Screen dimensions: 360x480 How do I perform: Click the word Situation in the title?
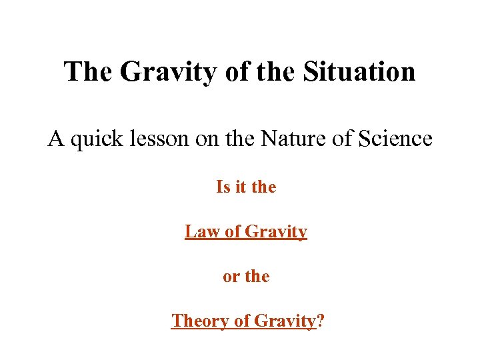(x=359, y=71)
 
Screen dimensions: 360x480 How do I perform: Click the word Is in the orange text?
(x=223, y=187)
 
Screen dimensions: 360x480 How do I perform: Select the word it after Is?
(x=239, y=187)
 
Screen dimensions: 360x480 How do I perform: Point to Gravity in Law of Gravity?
(x=276, y=233)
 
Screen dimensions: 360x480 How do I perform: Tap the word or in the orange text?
(x=230, y=276)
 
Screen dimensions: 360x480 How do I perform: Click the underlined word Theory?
(x=200, y=321)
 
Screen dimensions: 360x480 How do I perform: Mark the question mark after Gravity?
(x=321, y=321)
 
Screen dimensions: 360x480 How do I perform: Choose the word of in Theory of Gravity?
(x=241, y=321)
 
